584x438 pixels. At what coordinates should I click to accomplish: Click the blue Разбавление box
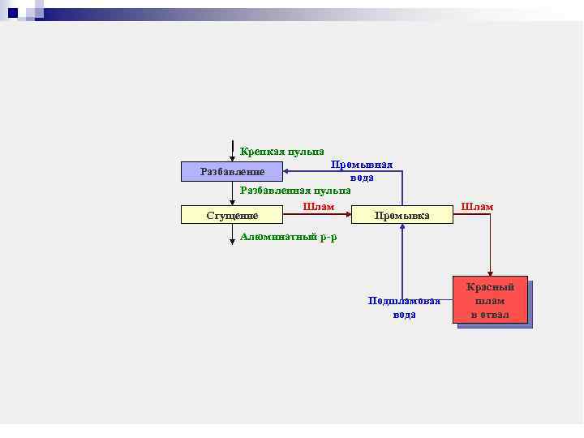[x=232, y=172]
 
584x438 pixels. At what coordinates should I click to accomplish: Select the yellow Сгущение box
[x=232, y=215]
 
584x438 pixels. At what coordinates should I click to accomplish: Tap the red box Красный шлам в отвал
[x=490, y=300]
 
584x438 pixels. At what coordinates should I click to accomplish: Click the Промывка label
[x=401, y=215]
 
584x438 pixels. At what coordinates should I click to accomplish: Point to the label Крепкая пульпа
[x=282, y=151]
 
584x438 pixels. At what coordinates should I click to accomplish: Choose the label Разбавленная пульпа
[x=295, y=190]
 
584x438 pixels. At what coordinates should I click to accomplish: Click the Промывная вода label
[x=362, y=171]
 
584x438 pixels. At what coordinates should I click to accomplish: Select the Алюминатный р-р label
[x=289, y=237]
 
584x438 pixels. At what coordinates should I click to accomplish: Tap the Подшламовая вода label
[x=404, y=307]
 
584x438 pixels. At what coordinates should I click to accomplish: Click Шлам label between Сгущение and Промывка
[x=318, y=207]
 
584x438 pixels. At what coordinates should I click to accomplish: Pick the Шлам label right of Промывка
[x=477, y=207]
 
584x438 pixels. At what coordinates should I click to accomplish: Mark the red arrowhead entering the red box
[x=490, y=273]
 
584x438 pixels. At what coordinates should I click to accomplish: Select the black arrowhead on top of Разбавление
[x=232, y=159]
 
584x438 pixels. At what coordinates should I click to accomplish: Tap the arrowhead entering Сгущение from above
[x=232, y=203]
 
